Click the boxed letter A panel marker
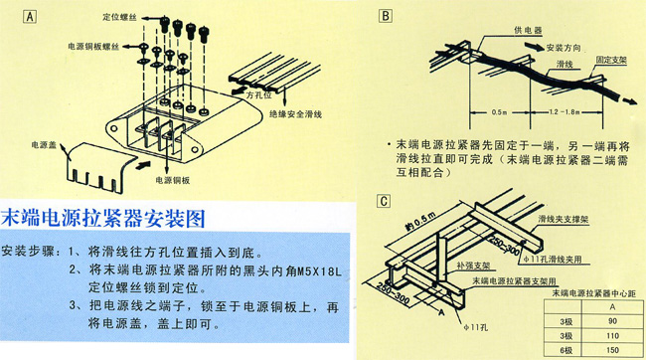(32, 16)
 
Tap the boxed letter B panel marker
(386, 16)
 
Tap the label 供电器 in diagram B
(513, 31)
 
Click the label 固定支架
(613, 61)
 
